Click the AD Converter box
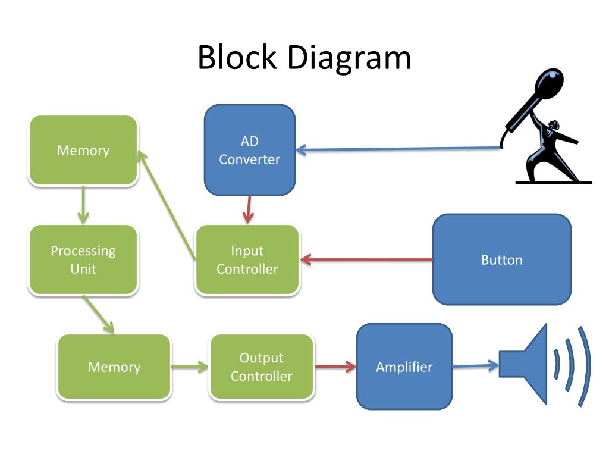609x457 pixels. click(x=250, y=150)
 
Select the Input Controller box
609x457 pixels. click(x=247, y=259)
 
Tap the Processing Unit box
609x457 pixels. click(x=83, y=259)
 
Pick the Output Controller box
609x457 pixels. click(x=262, y=367)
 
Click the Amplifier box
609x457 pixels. click(x=404, y=367)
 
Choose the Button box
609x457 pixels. click(x=502, y=259)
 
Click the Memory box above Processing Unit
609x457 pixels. click(x=83, y=150)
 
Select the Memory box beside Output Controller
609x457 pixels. click(x=114, y=367)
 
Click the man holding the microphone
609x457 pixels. click(x=551, y=154)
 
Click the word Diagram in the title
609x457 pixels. click(x=349, y=58)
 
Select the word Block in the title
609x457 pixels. click(x=237, y=57)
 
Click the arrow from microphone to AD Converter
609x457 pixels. click(x=398, y=148)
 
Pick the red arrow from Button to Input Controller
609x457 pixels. click(x=366, y=259)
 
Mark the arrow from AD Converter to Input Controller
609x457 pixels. click(x=248, y=210)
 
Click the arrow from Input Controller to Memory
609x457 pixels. click(x=167, y=205)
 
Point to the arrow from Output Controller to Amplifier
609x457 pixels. click(x=335, y=366)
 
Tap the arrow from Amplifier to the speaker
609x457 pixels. click(x=476, y=366)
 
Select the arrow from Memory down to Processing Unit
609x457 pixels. click(x=83, y=205)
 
